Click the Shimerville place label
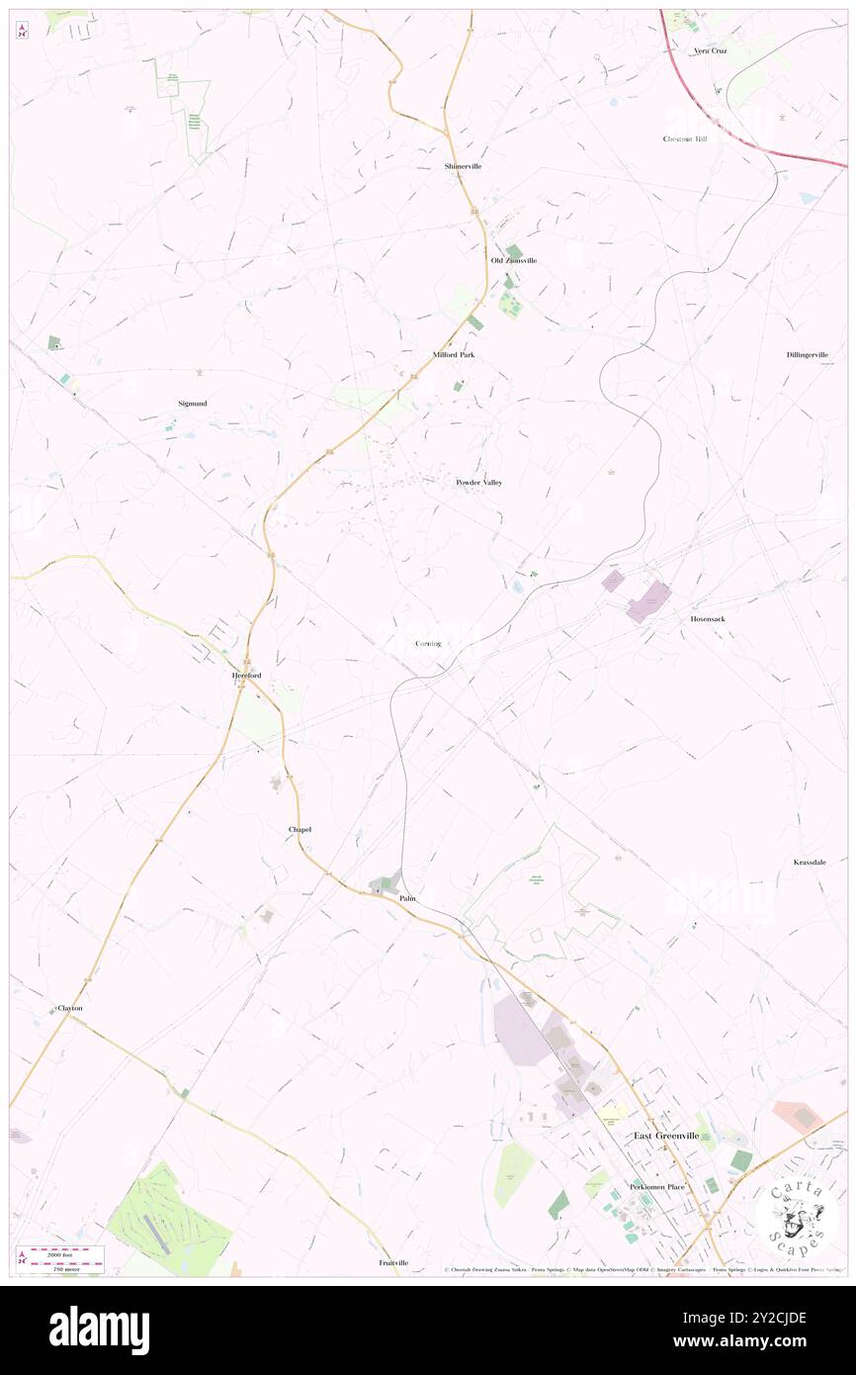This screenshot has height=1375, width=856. pos(463,166)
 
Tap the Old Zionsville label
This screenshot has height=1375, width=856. pos(514,260)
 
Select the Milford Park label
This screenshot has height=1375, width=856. pos(454,354)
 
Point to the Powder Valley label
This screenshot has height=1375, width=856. pos(478,483)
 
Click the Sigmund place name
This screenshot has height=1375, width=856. pos(193,404)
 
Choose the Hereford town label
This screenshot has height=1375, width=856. pos(245,676)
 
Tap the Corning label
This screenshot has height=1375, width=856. pos(428,644)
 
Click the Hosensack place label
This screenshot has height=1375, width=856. pos(709,618)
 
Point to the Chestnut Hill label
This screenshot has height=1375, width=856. pos(685,139)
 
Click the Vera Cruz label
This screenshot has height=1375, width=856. pos(710,50)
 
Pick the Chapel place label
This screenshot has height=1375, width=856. pos(300,829)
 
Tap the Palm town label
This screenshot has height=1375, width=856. pos(408,898)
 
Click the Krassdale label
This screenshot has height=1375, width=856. pos(816,863)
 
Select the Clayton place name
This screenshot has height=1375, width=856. pos(69,1008)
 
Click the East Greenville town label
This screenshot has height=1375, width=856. pos(666,1136)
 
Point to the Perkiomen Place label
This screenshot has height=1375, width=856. pos(656,1186)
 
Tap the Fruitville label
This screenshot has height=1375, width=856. pos(393,1263)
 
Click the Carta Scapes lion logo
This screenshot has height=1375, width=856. pos(797,1216)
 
